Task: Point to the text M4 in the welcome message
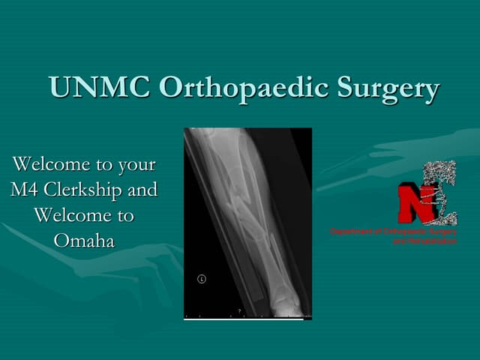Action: [x=27, y=190]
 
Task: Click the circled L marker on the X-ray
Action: [x=201, y=279]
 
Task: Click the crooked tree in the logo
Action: [x=439, y=191]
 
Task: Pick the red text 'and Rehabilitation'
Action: [x=425, y=241]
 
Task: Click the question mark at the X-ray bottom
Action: [x=239, y=310]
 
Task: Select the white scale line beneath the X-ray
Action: [x=244, y=319]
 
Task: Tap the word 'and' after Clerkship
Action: [x=142, y=190]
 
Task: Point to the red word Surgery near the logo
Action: [x=442, y=232]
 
